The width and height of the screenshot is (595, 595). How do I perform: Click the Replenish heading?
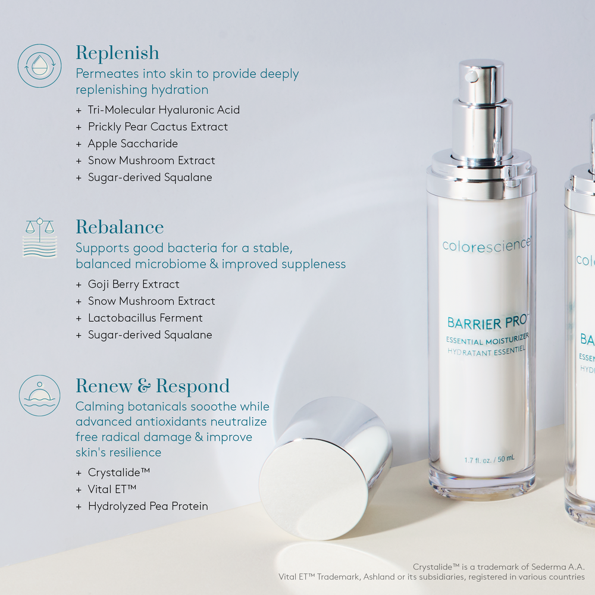[117, 53]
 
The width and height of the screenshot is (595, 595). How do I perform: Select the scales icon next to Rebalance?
[39, 237]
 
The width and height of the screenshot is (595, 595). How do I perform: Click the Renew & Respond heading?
[152, 386]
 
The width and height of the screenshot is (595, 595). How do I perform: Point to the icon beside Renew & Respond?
[39, 395]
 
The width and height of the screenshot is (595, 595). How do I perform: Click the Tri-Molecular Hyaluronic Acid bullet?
[163, 110]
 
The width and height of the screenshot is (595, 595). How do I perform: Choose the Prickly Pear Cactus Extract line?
[158, 127]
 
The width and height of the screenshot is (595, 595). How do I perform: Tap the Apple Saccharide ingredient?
[133, 143]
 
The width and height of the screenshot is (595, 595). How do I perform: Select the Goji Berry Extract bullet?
[133, 284]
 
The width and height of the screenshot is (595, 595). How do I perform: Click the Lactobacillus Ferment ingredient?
[145, 318]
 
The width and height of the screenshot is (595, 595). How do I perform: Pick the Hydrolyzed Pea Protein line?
[148, 506]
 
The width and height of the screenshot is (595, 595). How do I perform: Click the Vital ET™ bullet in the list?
[112, 489]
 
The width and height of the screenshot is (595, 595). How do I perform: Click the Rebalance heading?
[120, 227]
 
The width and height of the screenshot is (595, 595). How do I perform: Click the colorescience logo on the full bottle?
[485, 245]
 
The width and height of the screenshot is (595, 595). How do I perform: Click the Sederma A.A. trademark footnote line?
[499, 566]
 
